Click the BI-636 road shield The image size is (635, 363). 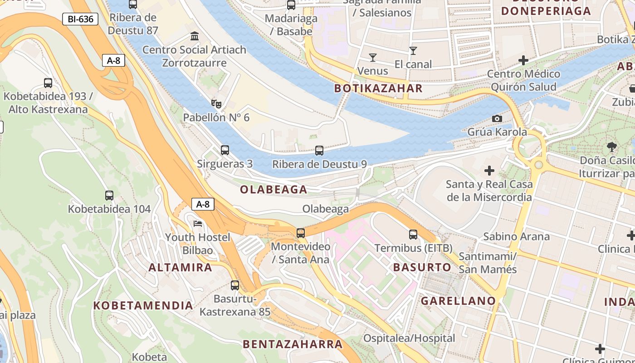pos(80,19)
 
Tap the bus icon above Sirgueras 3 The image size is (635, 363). pos(225,150)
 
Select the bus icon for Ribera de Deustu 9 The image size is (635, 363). pos(319,151)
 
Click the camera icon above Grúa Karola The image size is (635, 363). pos(497,119)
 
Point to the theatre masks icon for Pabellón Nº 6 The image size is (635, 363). pos(216,104)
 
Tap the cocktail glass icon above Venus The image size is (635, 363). pos(372,58)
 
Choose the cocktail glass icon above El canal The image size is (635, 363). pos(413,51)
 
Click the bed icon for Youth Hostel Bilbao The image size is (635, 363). pos(198,224)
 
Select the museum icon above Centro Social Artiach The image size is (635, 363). pos(195,36)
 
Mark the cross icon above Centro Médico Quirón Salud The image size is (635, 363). pos(523,60)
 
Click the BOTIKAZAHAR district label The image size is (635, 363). pos(378,88)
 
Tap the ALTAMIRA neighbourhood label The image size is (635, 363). pos(181,267)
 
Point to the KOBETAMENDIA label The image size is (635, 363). pos(143,305)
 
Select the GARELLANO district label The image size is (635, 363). pos(458,301)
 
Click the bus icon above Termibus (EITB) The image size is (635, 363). pos(413,235)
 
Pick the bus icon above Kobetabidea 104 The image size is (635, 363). pos(109,196)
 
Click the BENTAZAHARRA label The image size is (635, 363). pos(293,344)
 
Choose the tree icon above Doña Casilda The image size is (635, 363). pos(611,147)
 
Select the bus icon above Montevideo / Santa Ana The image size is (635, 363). pos(300,233)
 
